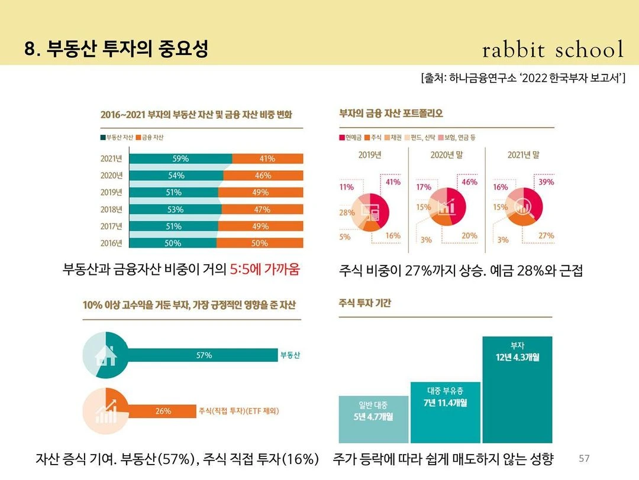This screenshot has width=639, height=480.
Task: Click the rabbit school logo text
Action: point(553,50)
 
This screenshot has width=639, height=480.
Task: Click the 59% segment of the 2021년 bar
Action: point(180,158)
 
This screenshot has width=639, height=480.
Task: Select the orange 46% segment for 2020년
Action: point(263,176)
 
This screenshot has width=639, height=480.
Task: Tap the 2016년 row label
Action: point(111,243)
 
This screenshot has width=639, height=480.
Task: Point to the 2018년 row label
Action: point(111,209)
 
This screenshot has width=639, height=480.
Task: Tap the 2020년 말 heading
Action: point(447,155)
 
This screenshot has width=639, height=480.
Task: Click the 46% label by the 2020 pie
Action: point(469,182)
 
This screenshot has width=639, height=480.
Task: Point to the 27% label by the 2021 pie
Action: point(546,235)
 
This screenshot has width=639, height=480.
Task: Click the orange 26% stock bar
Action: point(163,411)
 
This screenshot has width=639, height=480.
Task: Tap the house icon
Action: point(105,355)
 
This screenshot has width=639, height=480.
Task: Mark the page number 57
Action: point(584,459)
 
